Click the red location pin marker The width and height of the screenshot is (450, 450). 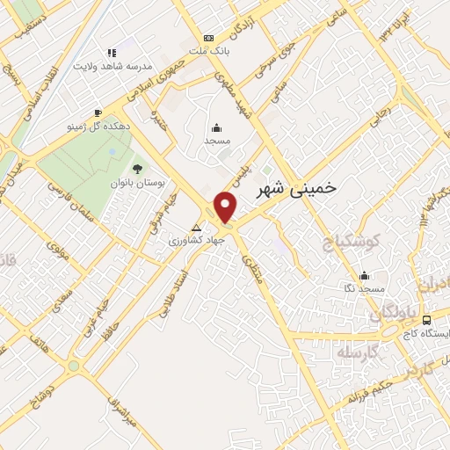(x=227, y=207)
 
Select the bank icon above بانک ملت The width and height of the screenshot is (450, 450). (x=208, y=38)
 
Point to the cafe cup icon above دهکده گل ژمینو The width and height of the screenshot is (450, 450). (x=98, y=112)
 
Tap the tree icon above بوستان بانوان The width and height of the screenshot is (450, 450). (x=136, y=169)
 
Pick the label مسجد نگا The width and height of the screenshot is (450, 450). (x=363, y=288)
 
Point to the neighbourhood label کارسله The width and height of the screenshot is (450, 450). (x=356, y=352)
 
